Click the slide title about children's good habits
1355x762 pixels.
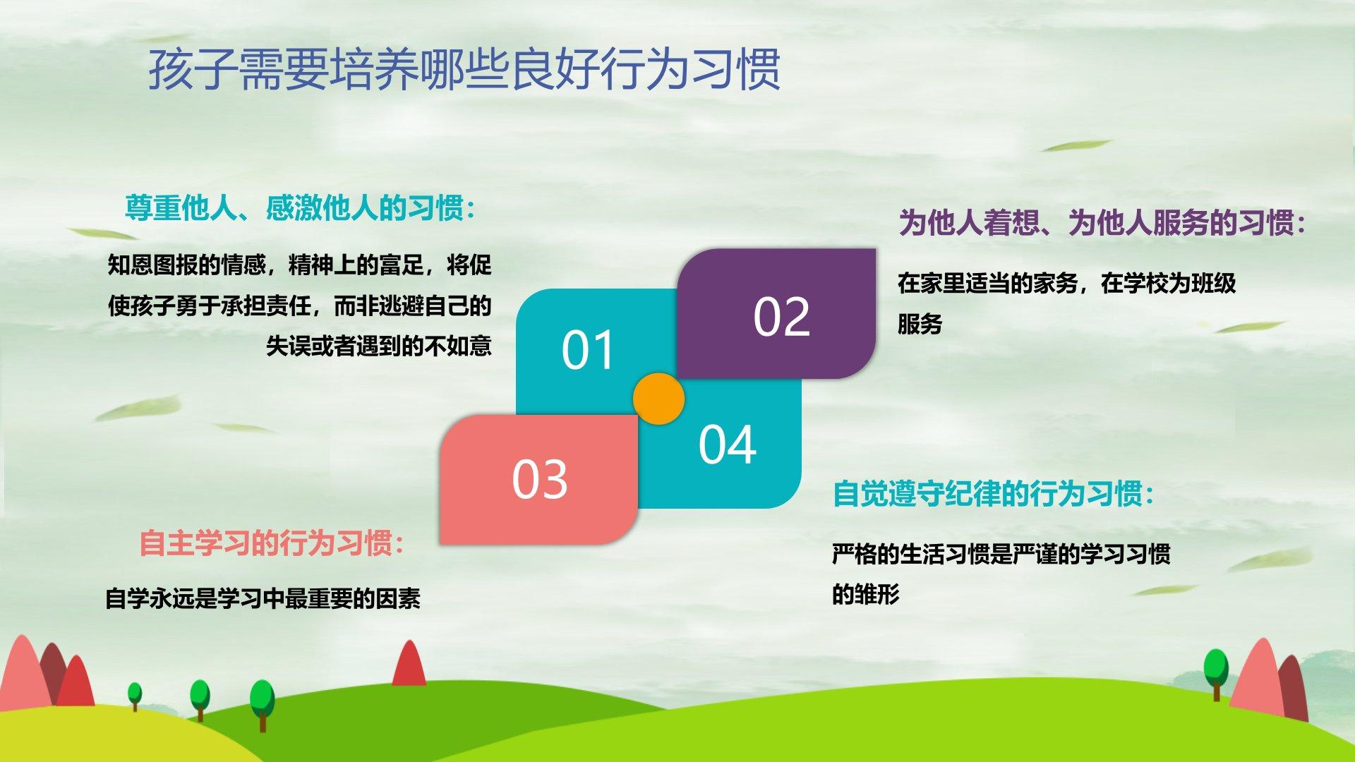[464, 69]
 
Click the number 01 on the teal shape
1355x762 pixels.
[588, 350]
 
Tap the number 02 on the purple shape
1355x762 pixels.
[781, 317]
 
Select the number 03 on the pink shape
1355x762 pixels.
[539, 480]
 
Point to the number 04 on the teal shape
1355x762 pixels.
[727, 445]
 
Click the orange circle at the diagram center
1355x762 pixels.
[658, 399]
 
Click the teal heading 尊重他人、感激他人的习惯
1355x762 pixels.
[300, 208]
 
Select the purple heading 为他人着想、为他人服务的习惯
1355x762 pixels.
[1102, 223]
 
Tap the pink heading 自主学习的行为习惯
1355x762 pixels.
[272, 543]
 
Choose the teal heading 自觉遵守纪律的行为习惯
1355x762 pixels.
[994, 494]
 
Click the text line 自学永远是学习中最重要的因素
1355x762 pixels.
[263, 598]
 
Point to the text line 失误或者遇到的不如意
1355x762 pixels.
[378, 346]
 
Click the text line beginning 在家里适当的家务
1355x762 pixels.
[1066, 283]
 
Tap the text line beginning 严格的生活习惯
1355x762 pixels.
[1001, 554]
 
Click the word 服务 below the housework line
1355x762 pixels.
[920, 324]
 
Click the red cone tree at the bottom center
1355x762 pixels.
[409, 663]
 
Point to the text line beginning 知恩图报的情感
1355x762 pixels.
[299, 265]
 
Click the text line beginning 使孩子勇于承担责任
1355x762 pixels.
[299, 306]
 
